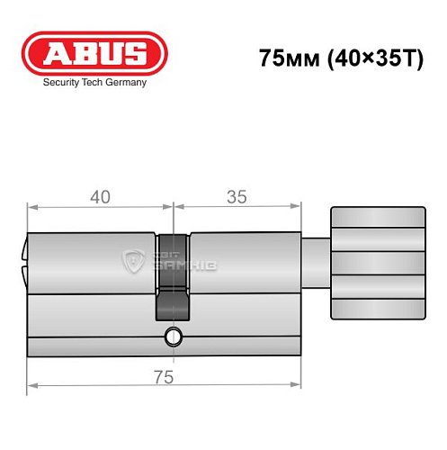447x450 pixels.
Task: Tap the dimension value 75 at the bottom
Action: point(163,379)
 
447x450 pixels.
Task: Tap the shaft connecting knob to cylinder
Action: point(315,262)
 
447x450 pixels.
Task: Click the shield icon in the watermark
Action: point(133,262)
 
